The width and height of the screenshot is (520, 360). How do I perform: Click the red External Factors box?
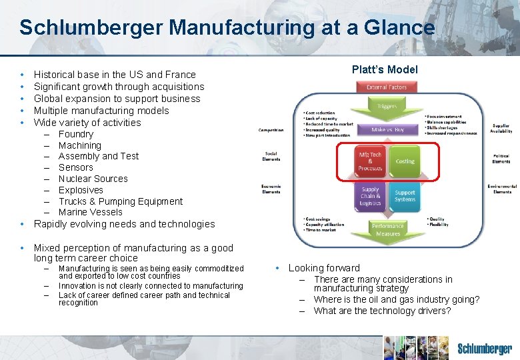pyautogui.click(x=386, y=87)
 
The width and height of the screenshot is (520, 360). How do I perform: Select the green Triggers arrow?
pyautogui.click(x=387, y=106)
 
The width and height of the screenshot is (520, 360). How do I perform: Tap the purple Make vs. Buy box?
pyautogui.click(x=387, y=129)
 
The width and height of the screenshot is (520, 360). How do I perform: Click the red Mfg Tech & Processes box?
pyautogui.click(x=370, y=161)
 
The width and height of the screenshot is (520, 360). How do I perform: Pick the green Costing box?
pyautogui.click(x=405, y=161)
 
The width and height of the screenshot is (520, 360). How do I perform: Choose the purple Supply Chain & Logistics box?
pyautogui.click(x=370, y=196)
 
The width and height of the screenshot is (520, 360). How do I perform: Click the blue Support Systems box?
pyautogui.click(x=405, y=196)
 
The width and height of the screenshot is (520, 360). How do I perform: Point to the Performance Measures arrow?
pyautogui.click(x=387, y=229)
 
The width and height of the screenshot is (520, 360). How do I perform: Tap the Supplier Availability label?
pyautogui.click(x=501, y=128)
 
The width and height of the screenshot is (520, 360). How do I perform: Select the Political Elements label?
pyautogui.click(x=501, y=158)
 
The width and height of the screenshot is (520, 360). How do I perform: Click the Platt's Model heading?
pyautogui.click(x=385, y=70)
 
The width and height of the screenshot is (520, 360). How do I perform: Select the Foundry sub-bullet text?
pyautogui.click(x=75, y=134)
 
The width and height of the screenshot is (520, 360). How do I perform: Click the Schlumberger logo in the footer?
pyautogui.click(x=484, y=349)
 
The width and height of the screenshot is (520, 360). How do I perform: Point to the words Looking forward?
pyautogui.click(x=324, y=268)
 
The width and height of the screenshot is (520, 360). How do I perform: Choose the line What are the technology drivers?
pyautogui.click(x=382, y=311)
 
